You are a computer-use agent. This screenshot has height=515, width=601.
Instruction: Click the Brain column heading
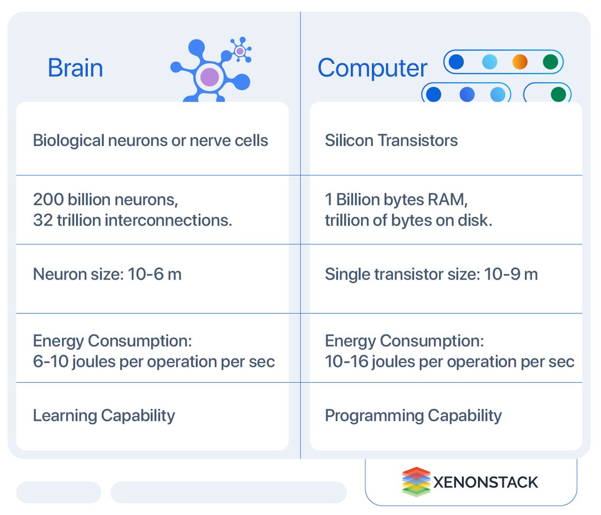[x=75, y=68]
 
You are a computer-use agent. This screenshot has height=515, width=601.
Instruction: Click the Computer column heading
[x=372, y=68]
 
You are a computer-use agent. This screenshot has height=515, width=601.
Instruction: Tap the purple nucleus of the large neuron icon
[x=209, y=77]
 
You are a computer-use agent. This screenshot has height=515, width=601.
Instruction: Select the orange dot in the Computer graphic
[x=519, y=62]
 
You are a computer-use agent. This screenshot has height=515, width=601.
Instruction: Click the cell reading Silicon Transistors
[x=391, y=141]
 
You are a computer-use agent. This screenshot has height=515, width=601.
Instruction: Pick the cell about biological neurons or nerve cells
[x=150, y=141]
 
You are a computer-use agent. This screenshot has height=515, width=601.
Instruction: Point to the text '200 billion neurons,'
[x=105, y=200]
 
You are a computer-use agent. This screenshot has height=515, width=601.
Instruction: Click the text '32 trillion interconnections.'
[x=133, y=220]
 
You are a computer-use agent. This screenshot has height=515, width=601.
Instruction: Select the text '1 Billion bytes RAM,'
[x=396, y=200]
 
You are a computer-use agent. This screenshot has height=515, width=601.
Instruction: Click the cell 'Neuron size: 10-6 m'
[x=107, y=274]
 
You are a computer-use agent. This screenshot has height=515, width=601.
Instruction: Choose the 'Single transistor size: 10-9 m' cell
[x=431, y=274]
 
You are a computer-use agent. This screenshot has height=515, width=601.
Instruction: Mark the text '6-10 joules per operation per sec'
[x=154, y=362]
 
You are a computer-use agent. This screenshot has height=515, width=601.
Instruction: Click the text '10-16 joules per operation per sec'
[x=450, y=362]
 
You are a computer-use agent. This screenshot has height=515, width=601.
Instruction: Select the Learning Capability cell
[x=104, y=416]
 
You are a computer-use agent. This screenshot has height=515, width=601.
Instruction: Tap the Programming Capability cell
[x=413, y=416]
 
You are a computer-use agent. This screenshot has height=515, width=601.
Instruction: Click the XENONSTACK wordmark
[x=486, y=483]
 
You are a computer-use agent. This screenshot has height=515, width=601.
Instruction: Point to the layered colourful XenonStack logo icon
[x=416, y=482]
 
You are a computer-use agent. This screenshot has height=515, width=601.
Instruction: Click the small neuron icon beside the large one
[x=240, y=51]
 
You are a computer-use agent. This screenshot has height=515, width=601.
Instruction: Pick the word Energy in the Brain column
[x=58, y=342]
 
